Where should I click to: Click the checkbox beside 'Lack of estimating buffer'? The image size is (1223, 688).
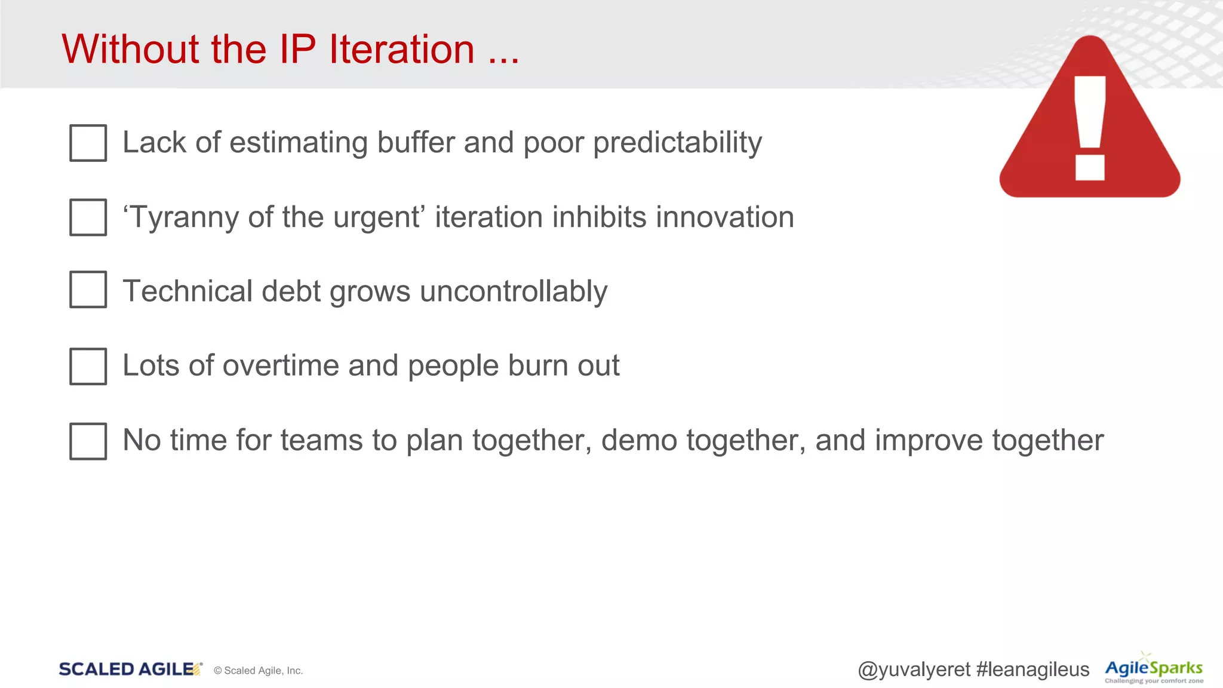coord(88,143)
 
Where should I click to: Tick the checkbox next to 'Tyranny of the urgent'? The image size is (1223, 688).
coord(88,217)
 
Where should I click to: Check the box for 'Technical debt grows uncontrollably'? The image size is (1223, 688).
coord(88,290)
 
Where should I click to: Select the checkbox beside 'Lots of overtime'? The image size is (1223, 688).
coord(88,366)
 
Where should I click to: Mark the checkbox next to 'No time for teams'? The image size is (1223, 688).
coord(88,441)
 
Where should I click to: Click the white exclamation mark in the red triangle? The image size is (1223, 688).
coord(1090,128)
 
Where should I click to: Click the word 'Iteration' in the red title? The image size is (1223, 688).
coord(401,49)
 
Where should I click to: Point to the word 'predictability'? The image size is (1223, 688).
coord(677,143)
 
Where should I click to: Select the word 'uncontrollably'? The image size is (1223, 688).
coord(514,291)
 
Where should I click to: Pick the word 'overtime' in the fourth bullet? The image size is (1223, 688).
coord(281,365)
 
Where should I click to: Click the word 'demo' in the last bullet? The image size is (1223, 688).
coord(639,441)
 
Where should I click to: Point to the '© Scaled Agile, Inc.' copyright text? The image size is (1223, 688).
coord(258,671)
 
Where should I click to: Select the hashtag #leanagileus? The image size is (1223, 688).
coord(1033,669)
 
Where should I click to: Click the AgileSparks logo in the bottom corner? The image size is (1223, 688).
coord(1153,669)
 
